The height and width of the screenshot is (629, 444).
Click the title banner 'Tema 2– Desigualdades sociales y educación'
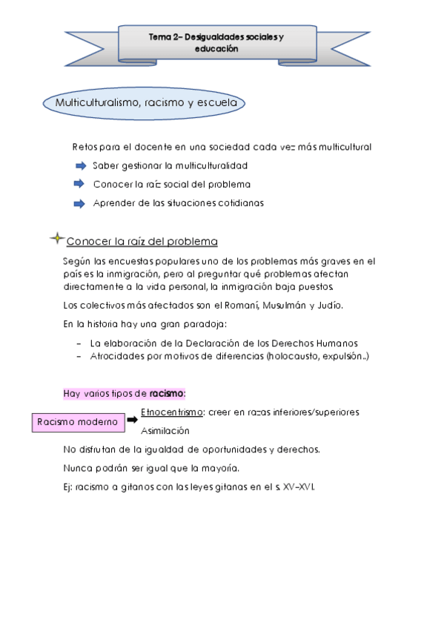(216, 42)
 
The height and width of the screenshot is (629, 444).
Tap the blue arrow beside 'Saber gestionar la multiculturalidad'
(81, 165)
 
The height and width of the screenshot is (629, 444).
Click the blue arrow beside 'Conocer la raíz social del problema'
(81, 184)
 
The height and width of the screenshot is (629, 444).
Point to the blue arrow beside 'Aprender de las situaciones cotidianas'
(81, 202)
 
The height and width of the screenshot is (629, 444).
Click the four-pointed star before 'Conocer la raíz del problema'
(56, 238)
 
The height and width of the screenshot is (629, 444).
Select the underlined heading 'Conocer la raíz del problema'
(142, 242)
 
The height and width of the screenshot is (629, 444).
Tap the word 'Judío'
(334, 304)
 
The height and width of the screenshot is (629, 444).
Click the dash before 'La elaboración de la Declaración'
(79, 343)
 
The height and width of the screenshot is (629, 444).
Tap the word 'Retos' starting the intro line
(85, 146)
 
